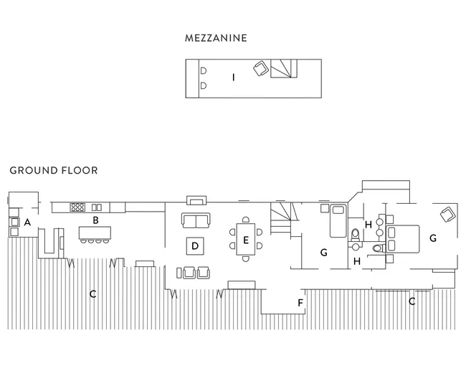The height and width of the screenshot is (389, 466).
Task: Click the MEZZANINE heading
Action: [216, 38]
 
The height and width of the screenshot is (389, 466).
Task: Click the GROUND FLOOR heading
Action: [54, 170]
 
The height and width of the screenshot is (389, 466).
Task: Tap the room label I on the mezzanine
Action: [234, 78]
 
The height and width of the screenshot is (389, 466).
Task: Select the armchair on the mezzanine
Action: [261, 69]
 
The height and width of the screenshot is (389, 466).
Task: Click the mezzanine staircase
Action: [283, 68]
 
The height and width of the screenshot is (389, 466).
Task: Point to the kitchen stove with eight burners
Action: [77, 207]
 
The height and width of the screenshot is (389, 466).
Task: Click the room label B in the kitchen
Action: [95, 220]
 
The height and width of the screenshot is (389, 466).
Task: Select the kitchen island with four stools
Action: [95, 235]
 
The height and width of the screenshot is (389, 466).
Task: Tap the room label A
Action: [27, 222]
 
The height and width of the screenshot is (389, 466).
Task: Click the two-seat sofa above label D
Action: [196, 220]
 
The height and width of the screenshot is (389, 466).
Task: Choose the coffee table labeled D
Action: [195, 246]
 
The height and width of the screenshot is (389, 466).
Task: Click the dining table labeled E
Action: [246, 239]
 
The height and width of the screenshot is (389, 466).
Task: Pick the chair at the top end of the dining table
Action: [246, 220]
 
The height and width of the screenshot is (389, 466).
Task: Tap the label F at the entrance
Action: [300, 303]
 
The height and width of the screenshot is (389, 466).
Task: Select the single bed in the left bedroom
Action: [338, 220]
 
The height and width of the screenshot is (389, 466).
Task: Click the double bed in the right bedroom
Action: [402, 239]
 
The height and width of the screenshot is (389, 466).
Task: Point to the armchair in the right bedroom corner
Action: [448, 215]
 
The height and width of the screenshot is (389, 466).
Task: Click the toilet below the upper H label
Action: [356, 235]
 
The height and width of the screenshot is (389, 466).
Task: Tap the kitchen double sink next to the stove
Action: [97, 207]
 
